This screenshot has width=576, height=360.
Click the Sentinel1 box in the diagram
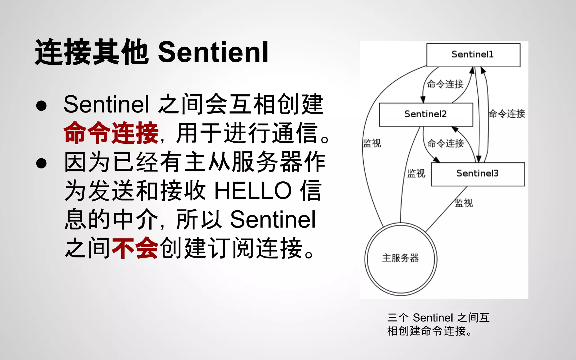pyautogui.click(x=473, y=55)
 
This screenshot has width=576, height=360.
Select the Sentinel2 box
pyautogui.click(x=426, y=114)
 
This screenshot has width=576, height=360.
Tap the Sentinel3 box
pyautogui.click(x=478, y=174)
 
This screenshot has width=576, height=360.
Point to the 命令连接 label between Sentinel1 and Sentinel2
pyautogui.click(x=445, y=84)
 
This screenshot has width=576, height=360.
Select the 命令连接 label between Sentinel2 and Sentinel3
pyautogui.click(x=445, y=143)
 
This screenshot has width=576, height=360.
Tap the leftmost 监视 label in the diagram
pyautogui.click(x=372, y=143)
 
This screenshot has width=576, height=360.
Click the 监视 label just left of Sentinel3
pyautogui.click(x=416, y=174)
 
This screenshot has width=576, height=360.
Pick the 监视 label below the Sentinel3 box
pyautogui.click(x=464, y=203)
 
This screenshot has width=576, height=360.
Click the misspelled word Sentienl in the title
pyautogui.click(x=213, y=52)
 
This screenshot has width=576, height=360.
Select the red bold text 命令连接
pyautogui.click(x=111, y=133)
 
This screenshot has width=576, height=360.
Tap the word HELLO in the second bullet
pyautogui.click(x=253, y=191)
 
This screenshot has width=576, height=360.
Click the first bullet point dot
pyautogui.click(x=41, y=106)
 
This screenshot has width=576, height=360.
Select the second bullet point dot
pyautogui.click(x=41, y=163)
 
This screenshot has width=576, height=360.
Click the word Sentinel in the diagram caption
pyautogui.click(x=433, y=318)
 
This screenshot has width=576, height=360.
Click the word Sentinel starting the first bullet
pyautogui.click(x=106, y=104)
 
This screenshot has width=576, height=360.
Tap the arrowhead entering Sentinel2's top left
pyautogui.click(x=422, y=100)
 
